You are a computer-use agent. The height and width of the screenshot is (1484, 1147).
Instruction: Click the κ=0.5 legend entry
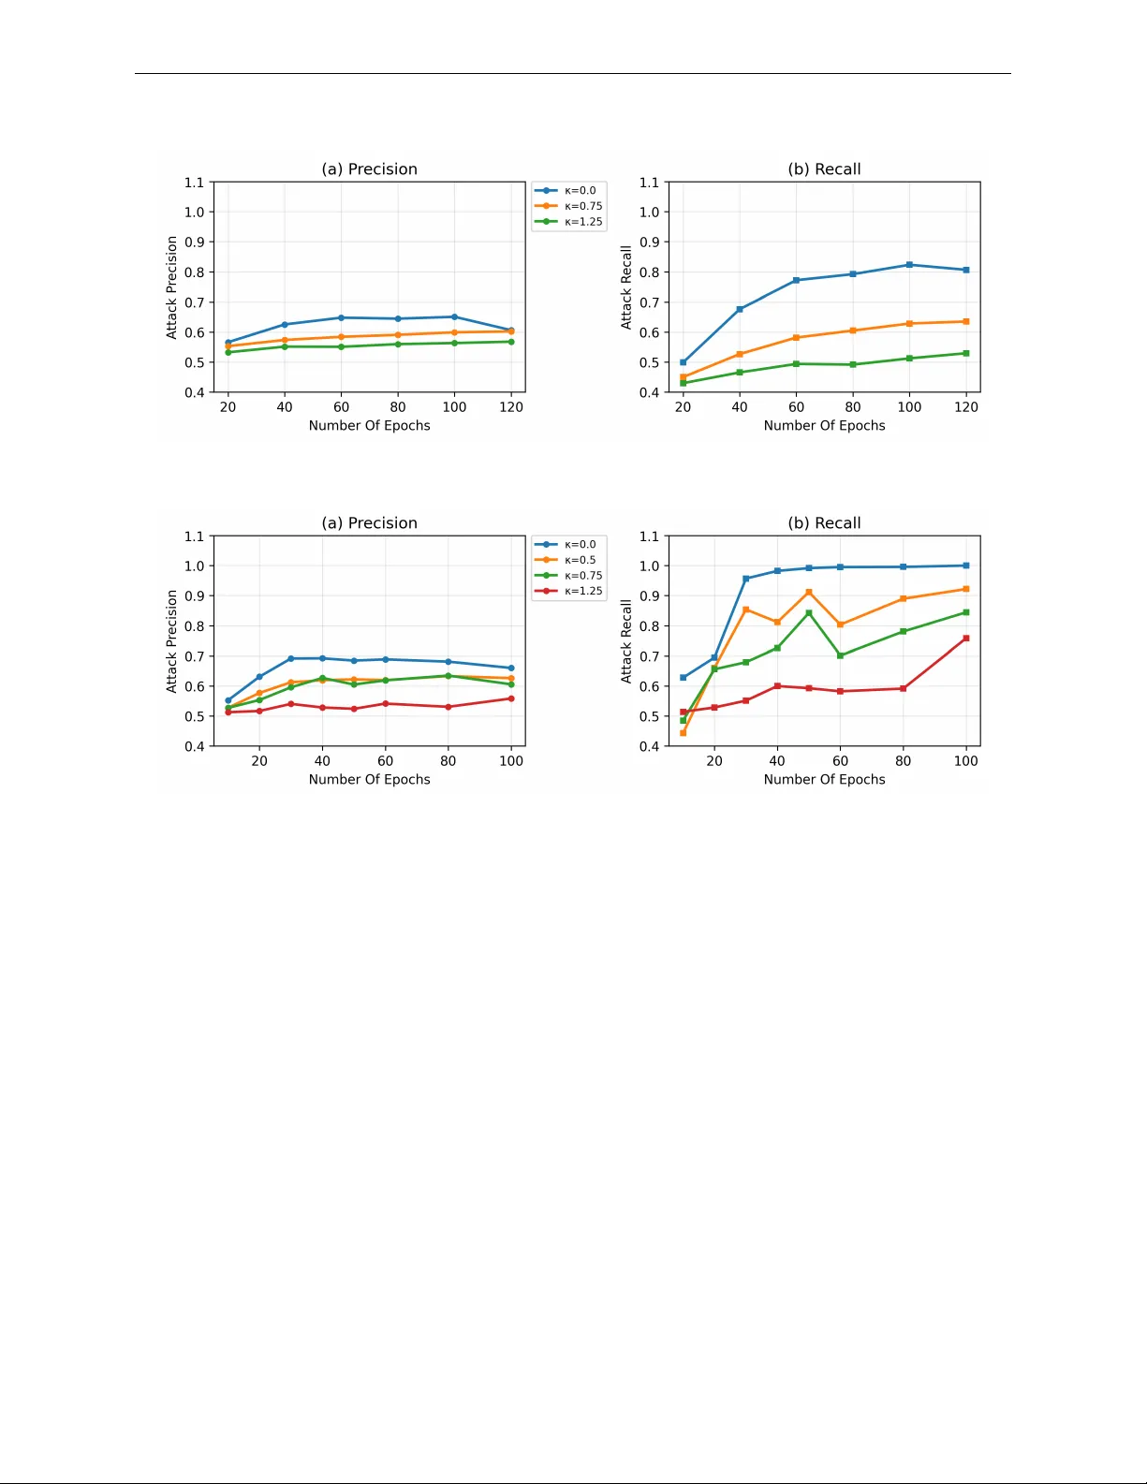(x=580, y=560)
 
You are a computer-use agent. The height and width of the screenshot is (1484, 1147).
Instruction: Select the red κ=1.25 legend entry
(x=582, y=591)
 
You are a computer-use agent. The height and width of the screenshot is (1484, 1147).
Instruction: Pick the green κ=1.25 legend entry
(x=582, y=222)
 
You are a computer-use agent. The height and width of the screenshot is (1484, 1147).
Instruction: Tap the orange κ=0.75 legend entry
(x=582, y=206)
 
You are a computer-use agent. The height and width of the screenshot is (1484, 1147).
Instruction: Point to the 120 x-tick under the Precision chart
(x=511, y=407)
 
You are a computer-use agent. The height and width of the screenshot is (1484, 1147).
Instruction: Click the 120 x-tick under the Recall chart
(x=966, y=407)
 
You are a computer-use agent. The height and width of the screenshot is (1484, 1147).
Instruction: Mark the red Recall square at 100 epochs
(x=966, y=639)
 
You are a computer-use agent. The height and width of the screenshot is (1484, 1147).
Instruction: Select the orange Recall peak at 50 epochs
(x=809, y=593)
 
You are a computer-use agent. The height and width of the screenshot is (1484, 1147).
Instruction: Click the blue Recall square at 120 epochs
(x=966, y=270)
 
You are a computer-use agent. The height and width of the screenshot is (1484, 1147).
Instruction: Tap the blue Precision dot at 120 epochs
(x=511, y=330)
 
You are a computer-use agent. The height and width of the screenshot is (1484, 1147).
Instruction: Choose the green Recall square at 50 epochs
(x=809, y=613)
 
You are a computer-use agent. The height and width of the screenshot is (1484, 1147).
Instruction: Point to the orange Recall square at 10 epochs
(x=684, y=733)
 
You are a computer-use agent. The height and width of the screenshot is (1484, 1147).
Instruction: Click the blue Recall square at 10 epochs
(x=684, y=678)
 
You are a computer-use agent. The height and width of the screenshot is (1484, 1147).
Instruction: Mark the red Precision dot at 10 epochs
(x=228, y=713)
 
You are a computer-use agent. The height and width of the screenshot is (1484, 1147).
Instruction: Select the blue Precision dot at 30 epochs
(x=291, y=659)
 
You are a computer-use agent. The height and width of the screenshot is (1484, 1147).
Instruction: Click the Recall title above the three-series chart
(x=824, y=169)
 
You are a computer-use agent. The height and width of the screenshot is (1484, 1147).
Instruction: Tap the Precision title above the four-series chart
(x=370, y=523)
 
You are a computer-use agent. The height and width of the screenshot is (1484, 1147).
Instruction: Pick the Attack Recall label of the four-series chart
(x=626, y=641)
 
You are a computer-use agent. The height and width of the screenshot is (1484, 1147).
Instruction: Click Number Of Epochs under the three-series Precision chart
(x=370, y=426)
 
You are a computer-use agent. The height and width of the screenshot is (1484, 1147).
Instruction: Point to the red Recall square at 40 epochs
(x=777, y=686)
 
